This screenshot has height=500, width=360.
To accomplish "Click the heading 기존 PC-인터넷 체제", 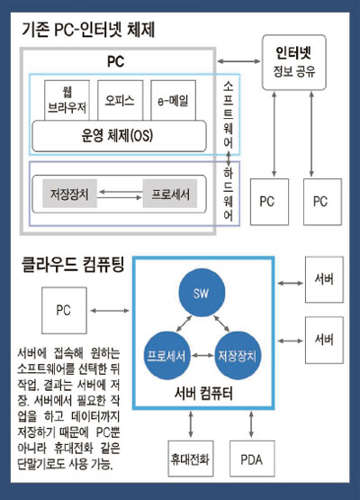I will pos(89,30).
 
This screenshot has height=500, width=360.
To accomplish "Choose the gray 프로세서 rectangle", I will pos(167,193).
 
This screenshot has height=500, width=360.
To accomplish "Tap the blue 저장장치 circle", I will pos(237,355).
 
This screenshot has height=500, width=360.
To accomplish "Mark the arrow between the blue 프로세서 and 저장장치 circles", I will pos(202,355).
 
